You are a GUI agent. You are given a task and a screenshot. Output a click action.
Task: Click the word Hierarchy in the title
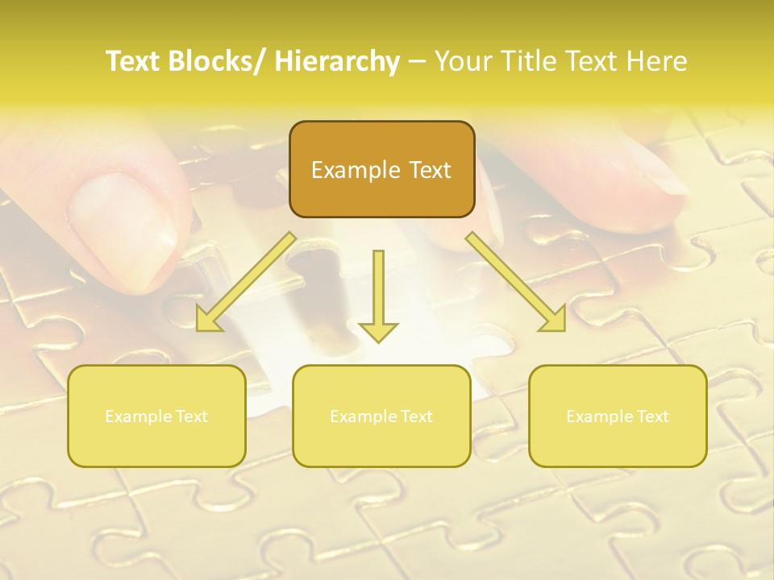337,62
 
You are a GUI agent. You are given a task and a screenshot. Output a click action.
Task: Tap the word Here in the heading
656,62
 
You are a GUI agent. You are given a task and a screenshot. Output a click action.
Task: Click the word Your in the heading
463,62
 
